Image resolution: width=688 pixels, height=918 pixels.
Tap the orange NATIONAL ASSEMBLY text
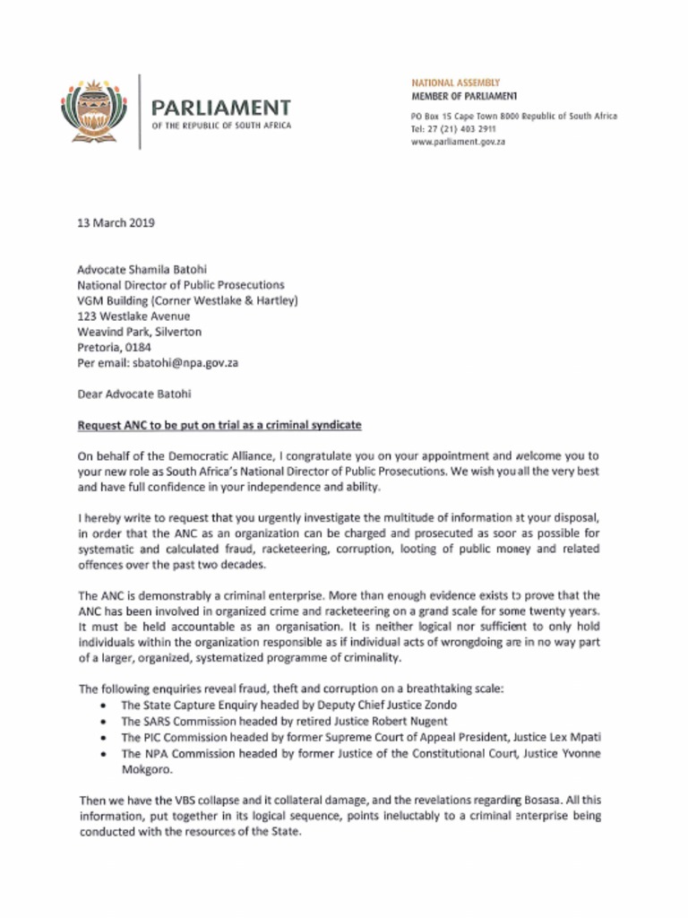[x=456, y=82]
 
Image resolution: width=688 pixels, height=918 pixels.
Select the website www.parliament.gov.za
[x=458, y=142]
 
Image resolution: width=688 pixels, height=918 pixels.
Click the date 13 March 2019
[x=116, y=223]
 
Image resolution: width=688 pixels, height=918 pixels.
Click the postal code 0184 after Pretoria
[x=141, y=347]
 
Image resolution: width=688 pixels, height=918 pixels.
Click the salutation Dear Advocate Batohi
[x=134, y=393]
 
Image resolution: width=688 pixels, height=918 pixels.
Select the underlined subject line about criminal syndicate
[x=219, y=423]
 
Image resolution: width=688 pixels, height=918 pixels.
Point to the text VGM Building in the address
[x=115, y=300]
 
